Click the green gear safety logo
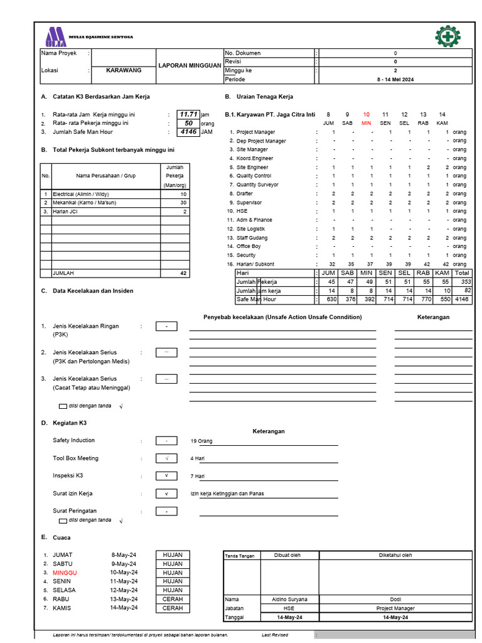447,36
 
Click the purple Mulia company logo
55,37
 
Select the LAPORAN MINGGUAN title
190,65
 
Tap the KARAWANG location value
123,70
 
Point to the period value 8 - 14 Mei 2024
395,80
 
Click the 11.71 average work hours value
188,114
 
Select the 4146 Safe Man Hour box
188,132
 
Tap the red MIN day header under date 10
367,123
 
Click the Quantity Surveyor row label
257,185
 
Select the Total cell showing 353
462,282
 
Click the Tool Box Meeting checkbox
166,458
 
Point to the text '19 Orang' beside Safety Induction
201,441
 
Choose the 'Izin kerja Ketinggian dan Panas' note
227,494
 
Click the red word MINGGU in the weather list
65,573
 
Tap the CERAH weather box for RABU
173,599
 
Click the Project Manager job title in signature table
395,608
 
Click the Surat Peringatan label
75,511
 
